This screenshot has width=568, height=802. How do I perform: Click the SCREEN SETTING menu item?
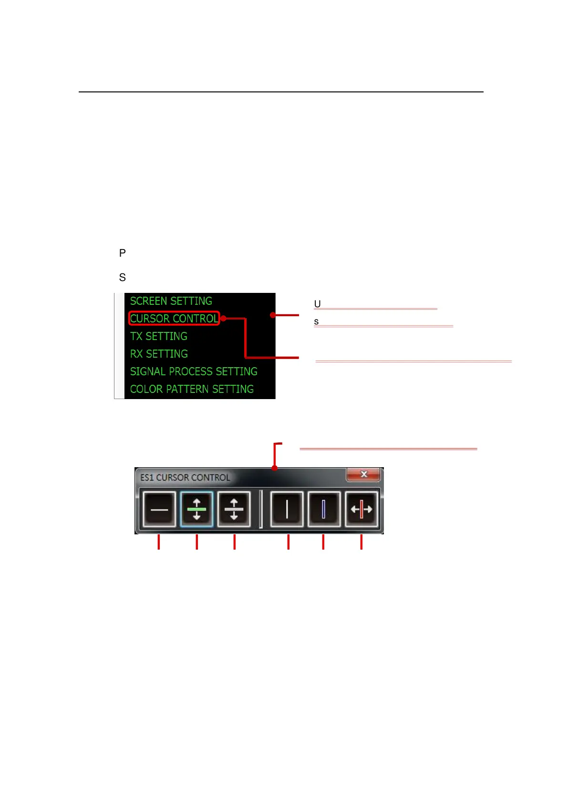pos(171,301)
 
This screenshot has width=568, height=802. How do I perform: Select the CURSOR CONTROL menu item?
pos(174,319)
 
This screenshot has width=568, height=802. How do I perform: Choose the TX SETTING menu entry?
pos(158,336)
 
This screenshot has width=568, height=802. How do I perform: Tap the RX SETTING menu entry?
pos(159,354)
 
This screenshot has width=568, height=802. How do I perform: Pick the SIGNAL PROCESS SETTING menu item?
pos(194,371)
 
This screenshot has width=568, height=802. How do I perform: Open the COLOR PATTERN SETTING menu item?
pos(192,389)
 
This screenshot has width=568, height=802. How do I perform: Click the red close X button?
pos(363,474)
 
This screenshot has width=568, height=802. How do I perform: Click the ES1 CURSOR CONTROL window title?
pos(185,477)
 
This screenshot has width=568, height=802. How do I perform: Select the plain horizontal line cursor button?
pos(159,510)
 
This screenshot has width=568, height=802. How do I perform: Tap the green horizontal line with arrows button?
pos(196,510)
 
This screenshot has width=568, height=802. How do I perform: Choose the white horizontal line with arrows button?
pos(234,510)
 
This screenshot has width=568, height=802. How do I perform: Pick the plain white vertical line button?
pos(287,510)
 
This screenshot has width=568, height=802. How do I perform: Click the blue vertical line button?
pos(324,510)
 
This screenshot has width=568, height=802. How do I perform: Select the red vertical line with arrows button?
pos(361,510)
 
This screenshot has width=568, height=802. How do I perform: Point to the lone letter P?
pos(123,253)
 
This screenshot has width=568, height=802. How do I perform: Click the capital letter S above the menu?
pos(123,277)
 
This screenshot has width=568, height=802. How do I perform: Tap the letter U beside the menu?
pos(317,304)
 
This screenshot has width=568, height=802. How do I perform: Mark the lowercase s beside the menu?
pos(316,322)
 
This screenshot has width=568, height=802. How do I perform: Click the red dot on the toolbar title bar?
pos(275,468)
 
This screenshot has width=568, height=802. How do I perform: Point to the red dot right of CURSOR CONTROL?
pos(223,318)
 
